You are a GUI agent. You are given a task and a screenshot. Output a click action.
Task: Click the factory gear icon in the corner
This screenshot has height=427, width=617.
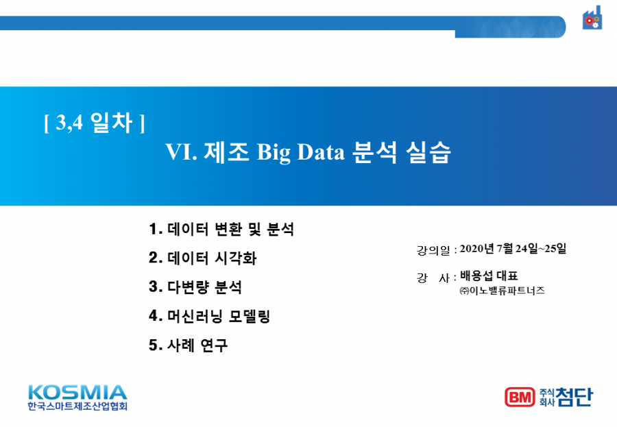tap(592, 18)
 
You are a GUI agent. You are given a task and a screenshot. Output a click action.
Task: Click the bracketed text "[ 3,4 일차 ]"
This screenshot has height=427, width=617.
tap(95, 123)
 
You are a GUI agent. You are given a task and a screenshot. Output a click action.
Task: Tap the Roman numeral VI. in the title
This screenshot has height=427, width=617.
tap(181, 152)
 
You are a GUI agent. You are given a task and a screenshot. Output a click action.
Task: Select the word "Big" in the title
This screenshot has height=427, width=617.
tap(274, 153)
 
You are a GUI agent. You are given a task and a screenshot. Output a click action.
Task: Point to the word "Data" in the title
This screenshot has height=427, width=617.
tap(321, 152)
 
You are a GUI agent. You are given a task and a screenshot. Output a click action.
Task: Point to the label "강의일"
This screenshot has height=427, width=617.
tap(433, 250)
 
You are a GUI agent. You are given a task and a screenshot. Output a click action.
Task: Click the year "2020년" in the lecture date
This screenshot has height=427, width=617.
tap(477, 249)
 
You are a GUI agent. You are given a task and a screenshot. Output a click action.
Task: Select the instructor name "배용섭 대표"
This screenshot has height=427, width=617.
tap(489, 276)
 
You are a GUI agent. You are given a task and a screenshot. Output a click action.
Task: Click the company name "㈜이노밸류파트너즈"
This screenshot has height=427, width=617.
tap(503, 291)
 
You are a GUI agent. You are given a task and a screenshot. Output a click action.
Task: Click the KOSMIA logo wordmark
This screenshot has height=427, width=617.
tap(77, 393)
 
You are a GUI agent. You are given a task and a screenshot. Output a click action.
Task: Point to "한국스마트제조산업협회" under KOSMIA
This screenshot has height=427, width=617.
tap(77, 406)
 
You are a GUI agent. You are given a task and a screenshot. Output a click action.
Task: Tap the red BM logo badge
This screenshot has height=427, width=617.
tap(520, 397)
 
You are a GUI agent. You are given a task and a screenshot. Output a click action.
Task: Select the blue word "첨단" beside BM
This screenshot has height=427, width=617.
tap(574, 397)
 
